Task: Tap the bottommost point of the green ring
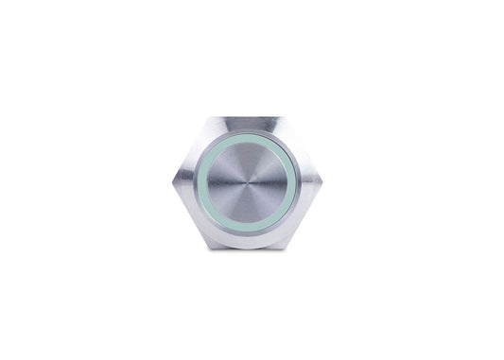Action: point(252,232)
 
